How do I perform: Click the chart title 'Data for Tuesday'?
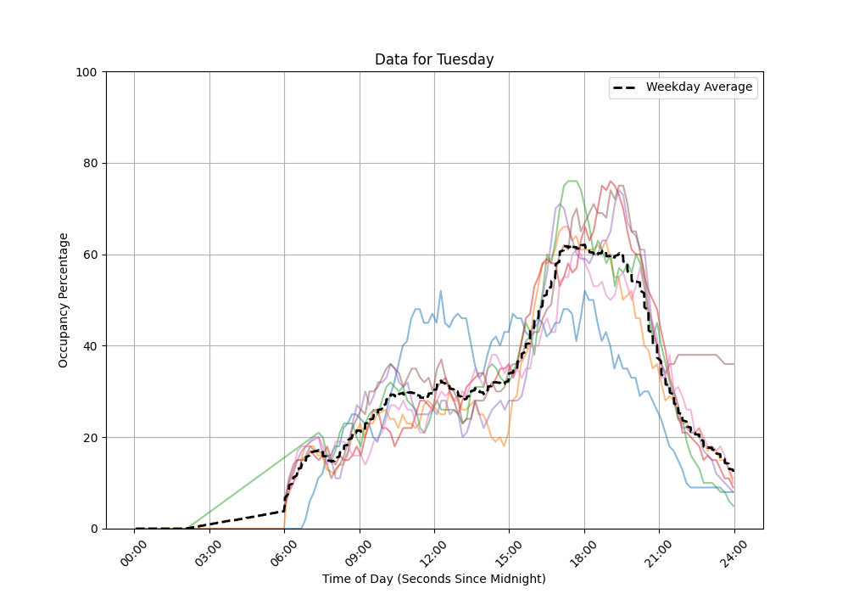click(434, 59)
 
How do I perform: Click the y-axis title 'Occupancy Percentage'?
click(64, 300)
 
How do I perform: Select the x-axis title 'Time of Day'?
click(434, 579)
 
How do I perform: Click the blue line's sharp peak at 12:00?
click(441, 291)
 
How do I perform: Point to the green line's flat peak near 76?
click(571, 181)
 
